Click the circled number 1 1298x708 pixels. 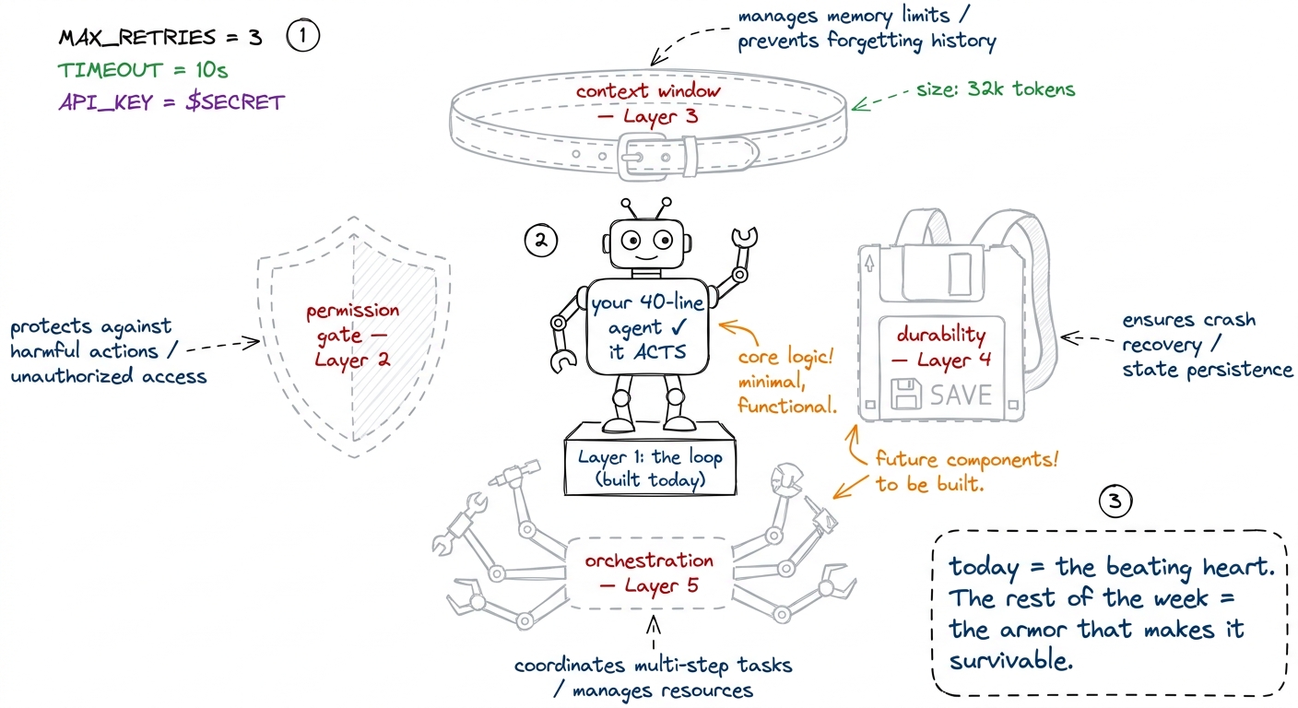302,35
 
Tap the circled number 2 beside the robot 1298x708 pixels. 540,241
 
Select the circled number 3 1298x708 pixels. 1115,501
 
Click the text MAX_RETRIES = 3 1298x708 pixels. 160,38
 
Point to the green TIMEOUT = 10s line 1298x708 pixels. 143,70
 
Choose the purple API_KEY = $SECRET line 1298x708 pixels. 171,102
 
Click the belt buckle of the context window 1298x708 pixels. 642,157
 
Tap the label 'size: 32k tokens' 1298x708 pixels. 996,89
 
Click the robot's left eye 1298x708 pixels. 631,240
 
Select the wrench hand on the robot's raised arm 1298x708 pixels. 745,237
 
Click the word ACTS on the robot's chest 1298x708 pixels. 659,351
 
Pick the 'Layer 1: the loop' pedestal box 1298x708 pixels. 650,467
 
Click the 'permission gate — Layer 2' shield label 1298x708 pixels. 352,335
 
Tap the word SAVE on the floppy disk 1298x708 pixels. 962,395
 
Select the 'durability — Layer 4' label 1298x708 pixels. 941,347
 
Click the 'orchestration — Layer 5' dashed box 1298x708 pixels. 650,573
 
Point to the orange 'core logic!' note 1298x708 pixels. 785,356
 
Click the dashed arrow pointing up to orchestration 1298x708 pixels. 654,632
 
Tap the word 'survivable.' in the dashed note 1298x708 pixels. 1010,661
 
